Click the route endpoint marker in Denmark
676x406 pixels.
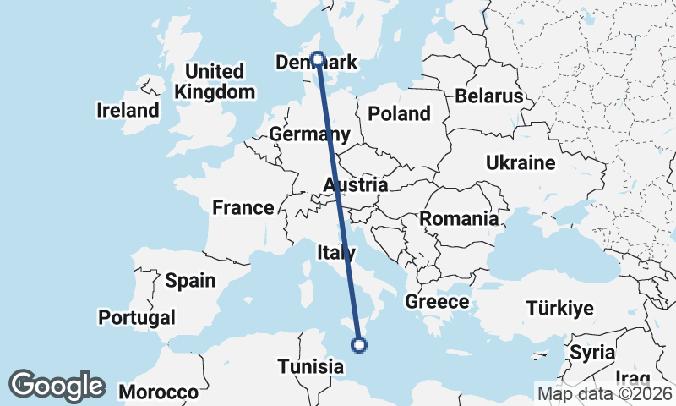tap(318, 59)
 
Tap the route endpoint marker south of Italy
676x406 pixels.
tap(359, 344)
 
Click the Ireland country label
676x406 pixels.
tap(128, 110)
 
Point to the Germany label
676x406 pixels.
tap(309, 134)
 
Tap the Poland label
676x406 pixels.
tap(400, 113)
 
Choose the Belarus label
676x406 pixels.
tap(489, 96)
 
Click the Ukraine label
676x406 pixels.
tap(520, 162)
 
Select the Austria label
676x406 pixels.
tap(356, 184)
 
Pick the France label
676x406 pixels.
tap(243, 207)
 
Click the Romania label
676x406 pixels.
tap(459, 219)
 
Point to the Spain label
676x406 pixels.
tap(190, 281)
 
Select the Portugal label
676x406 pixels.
tap(137, 318)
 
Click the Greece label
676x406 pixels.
tap(437, 302)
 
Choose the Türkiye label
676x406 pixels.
tap(559, 308)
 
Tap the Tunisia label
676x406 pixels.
tap(312, 367)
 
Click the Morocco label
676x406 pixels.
tap(158, 392)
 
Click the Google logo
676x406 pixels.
tap(57, 386)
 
